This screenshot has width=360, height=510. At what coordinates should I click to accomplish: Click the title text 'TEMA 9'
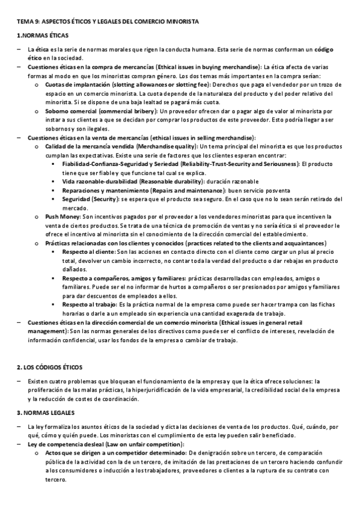click(x=27, y=22)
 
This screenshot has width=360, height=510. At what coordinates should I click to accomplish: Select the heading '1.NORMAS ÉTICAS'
click(x=43, y=36)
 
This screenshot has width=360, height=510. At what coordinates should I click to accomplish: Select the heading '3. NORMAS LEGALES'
click(x=45, y=413)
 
